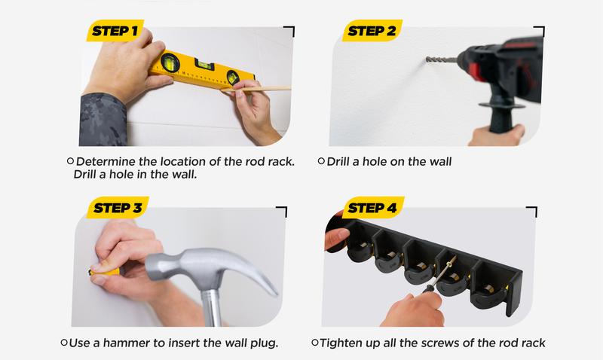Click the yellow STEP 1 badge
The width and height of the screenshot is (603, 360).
click(x=115, y=30)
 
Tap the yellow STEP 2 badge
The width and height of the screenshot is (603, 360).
click(x=372, y=30)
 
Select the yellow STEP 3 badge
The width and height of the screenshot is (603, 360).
click(x=118, y=207)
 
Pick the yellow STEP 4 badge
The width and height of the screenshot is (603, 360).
click(x=372, y=207)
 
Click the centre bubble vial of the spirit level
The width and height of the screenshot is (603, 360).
click(x=204, y=65)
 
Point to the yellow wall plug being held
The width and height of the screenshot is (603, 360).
click(x=104, y=272)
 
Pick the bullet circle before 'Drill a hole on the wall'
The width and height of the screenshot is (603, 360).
click(x=321, y=161)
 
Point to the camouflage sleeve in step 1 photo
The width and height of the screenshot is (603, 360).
click(x=103, y=119)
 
